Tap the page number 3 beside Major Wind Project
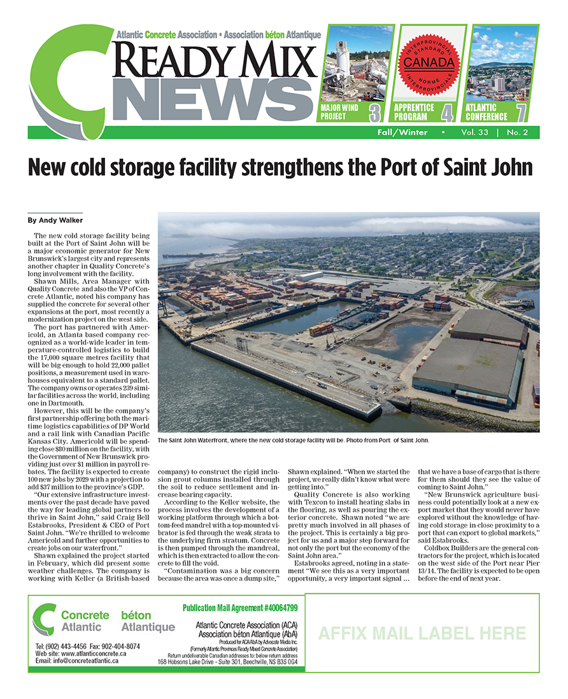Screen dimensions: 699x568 [x=375, y=113]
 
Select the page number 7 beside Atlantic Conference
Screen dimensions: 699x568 [x=522, y=113]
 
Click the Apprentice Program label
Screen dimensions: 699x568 [x=414, y=113]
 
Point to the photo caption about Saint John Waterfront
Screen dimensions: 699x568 [x=293, y=440]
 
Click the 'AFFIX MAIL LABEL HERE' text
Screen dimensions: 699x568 [x=422, y=633]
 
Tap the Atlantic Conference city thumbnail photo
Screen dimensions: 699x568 [x=502, y=64]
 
